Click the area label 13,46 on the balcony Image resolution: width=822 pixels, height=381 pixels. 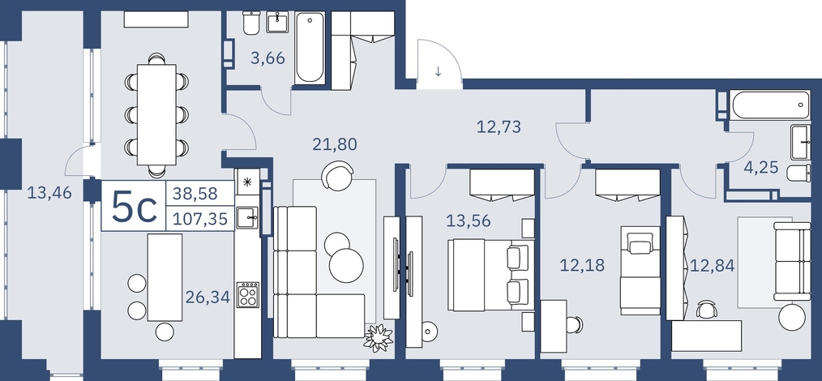tap(49, 194)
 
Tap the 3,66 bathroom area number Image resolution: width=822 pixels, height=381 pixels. tap(268, 58)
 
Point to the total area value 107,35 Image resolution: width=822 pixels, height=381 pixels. tap(200, 219)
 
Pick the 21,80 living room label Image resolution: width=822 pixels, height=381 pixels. tap(335, 143)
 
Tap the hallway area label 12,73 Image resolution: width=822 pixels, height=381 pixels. tap(499, 126)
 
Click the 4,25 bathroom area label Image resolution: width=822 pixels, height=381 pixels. tap(760, 169)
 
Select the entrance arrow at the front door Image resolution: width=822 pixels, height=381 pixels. tap(439, 71)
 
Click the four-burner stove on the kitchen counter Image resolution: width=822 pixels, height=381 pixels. tap(247, 294)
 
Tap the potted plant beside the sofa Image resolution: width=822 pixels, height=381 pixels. tap(378, 337)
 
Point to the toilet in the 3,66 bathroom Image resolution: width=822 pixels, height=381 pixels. tap(250, 24)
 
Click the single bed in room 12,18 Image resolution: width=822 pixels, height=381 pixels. tap(640, 271)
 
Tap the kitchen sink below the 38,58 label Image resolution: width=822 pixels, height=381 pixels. tap(247, 217)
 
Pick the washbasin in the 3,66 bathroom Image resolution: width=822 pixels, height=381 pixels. tap(277, 22)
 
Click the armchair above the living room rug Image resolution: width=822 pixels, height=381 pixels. tap(338, 176)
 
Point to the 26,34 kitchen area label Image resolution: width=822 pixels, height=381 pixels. tap(208, 298)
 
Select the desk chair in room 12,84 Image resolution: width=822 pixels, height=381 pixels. tap(706, 310)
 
